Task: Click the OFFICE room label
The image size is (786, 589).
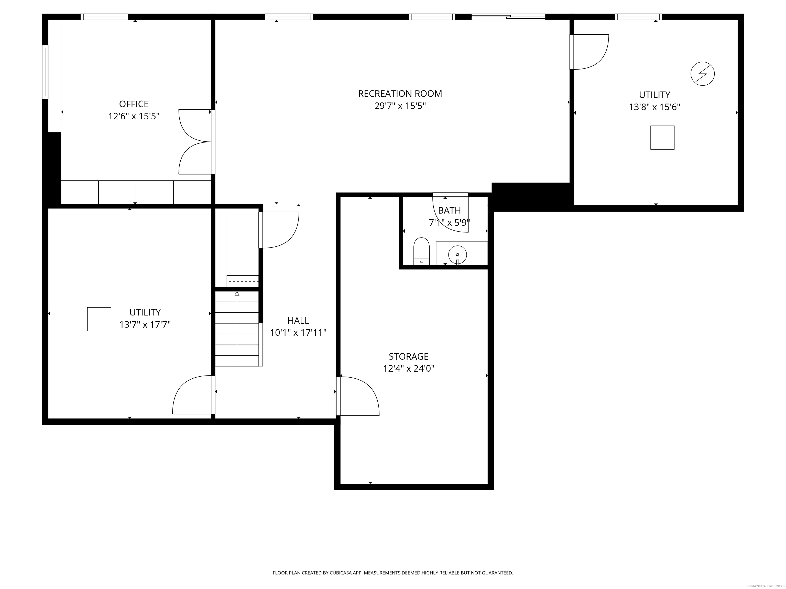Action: [134, 104]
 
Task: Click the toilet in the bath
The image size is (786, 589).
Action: [421, 251]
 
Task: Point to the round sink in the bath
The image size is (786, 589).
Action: [457, 255]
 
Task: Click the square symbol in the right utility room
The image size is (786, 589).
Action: [662, 137]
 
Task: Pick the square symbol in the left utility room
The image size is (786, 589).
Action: [99, 319]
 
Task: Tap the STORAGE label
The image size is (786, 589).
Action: [408, 356]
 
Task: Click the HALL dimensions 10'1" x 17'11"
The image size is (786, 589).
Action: [298, 333]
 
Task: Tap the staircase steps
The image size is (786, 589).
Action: [237, 329]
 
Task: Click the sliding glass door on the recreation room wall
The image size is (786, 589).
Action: [508, 16]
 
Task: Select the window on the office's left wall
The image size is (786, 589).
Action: [45, 72]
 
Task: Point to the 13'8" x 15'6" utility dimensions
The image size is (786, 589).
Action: [654, 107]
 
